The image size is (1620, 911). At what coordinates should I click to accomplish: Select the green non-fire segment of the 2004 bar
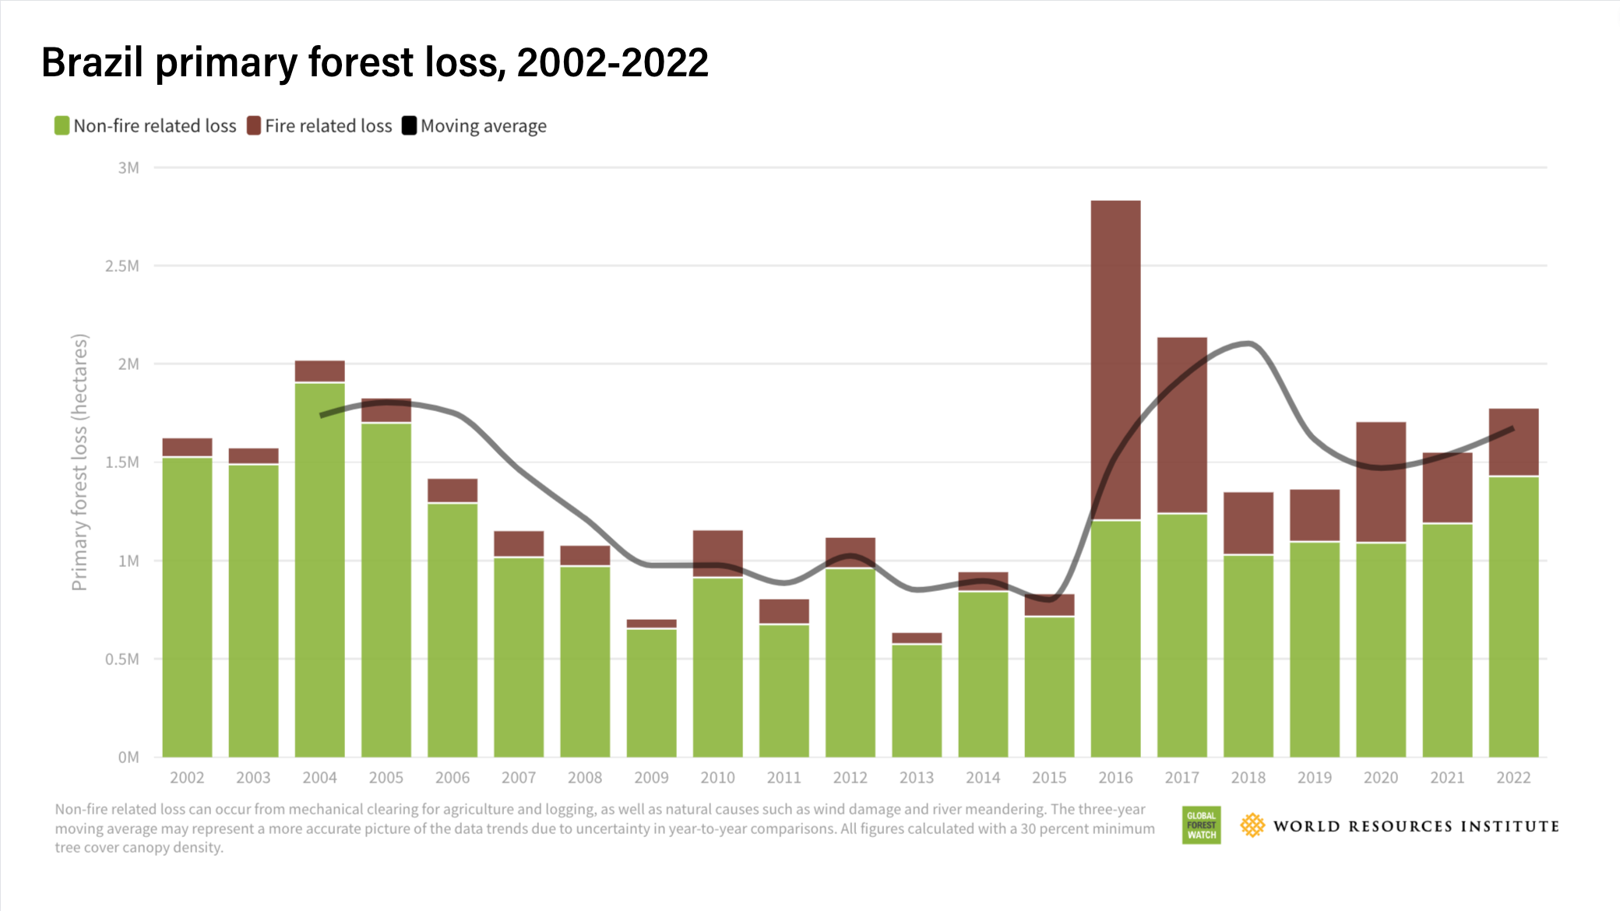coord(319,568)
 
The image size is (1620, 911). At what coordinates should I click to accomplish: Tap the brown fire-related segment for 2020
coord(1381,483)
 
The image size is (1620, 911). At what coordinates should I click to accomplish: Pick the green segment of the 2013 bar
coord(917,701)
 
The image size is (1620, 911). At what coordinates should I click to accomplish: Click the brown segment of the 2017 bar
coord(1182,424)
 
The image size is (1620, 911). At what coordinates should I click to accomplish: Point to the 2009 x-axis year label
coord(651,777)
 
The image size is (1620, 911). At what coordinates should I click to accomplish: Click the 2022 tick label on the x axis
coord(1513,777)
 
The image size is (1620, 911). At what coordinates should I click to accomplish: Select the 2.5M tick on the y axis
coord(122,266)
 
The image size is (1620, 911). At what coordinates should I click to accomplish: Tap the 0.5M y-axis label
coord(122,660)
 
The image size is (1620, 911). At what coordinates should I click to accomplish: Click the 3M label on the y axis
coord(129,168)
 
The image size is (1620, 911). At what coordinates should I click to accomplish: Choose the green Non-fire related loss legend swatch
coord(62,125)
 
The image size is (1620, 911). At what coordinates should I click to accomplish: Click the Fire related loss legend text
coord(328,126)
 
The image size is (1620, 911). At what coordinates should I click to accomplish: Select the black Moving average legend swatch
coord(409,125)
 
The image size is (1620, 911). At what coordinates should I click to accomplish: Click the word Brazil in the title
coord(92,62)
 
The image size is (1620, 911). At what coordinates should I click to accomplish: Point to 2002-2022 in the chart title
coord(612,62)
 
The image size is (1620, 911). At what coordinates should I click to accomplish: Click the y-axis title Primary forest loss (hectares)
coord(79,463)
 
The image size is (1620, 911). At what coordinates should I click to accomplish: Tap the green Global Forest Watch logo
coord(1201,825)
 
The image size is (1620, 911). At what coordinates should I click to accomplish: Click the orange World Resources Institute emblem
coord(1252,825)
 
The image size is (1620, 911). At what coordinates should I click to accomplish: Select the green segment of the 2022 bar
coord(1513,615)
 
